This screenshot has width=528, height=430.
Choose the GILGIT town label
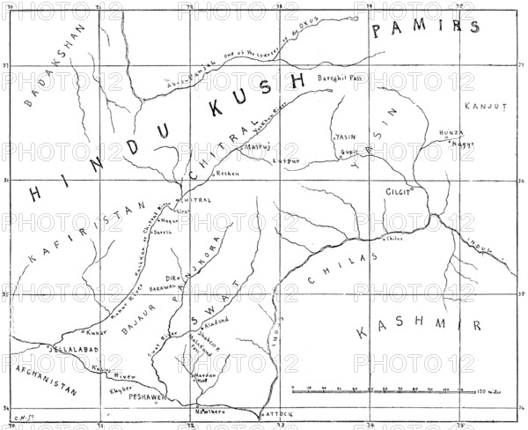[400, 190]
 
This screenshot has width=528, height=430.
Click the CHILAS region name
[342, 269]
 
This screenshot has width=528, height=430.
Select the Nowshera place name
[208, 411]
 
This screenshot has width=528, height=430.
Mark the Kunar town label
[95, 333]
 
